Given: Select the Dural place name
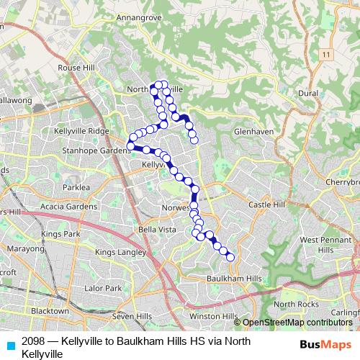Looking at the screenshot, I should tap(308, 94).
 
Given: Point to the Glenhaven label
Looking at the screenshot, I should tap(252, 132).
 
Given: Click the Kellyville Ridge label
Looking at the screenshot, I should tap(81, 131).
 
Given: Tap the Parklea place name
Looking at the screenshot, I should tap(75, 187).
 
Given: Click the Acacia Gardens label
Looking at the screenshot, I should tap(68, 207).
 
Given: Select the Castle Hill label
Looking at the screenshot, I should tap(267, 206).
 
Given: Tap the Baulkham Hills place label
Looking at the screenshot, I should tap(234, 279).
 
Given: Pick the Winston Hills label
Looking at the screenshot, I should tap(213, 316).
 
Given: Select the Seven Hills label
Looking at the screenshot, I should tap(132, 316).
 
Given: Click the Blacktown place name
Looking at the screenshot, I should tap(50, 311).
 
